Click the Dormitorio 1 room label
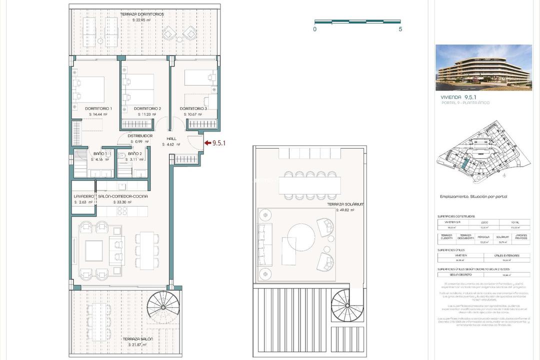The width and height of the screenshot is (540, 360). tap(98, 108)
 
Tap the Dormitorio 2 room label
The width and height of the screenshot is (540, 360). tap(147, 108)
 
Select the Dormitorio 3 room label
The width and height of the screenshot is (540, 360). tap(193, 108)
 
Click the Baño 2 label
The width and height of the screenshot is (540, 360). tap(134, 153)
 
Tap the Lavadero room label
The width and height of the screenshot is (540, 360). tap(83, 196)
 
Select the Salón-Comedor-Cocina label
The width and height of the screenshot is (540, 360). tap(123, 196)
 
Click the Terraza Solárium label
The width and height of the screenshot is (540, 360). tap(345, 204)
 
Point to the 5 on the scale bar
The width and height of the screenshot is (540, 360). tap(400, 29)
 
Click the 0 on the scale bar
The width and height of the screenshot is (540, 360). tap(315, 29)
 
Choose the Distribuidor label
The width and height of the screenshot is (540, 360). tap(140, 135)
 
